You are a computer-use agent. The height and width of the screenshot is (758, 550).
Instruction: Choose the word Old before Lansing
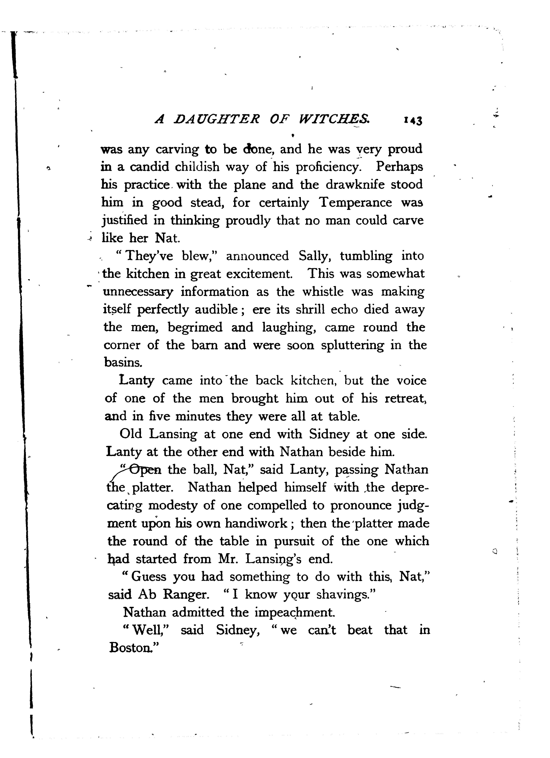(x=130, y=434)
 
